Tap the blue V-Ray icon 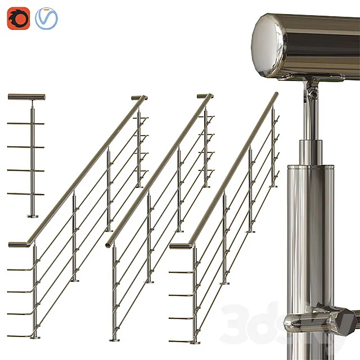coord(46,19)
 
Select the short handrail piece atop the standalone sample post coord(26,97)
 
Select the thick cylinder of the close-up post coord(310,225)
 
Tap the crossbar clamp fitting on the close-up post coord(318,318)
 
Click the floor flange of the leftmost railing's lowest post coord(35,337)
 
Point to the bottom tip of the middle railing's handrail coord(109,243)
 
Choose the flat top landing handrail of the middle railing coord(205,96)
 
